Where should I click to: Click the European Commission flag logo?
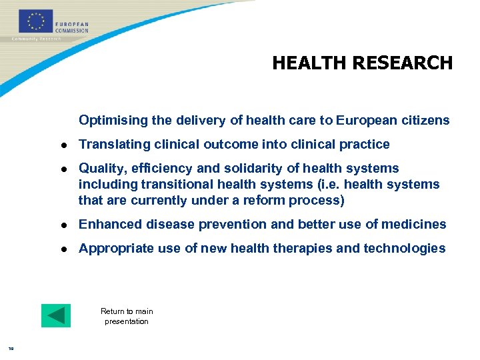[x=36, y=21]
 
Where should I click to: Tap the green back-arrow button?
[x=55, y=315]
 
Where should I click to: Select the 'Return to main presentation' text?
[x=127, y=316]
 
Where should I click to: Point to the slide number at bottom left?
[x=11, y=347]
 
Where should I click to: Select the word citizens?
[x=427, y=121]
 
